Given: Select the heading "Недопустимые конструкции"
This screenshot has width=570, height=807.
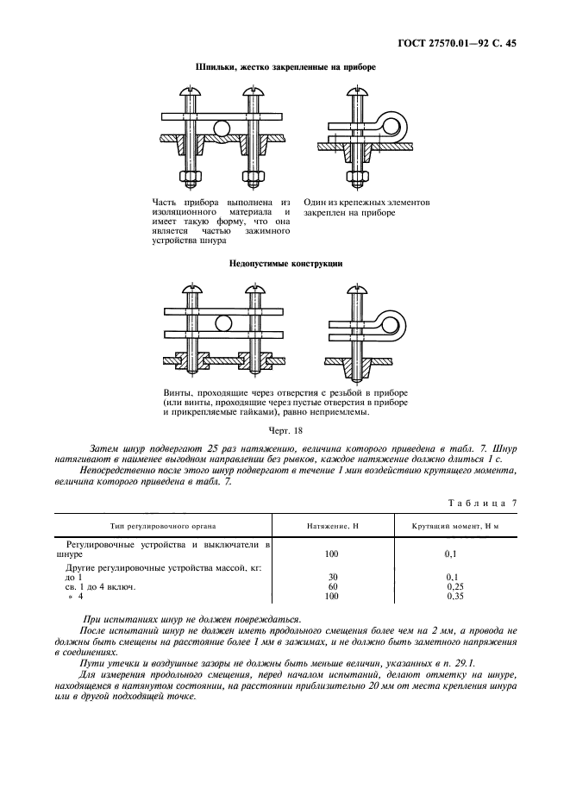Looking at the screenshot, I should [x=285, y=264].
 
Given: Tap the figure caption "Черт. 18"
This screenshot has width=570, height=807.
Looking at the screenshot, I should [x=285, y=429].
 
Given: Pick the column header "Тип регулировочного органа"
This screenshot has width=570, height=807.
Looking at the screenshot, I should [x=163, y=525].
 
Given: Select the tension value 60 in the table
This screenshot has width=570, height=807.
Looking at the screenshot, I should [x=332, y=586].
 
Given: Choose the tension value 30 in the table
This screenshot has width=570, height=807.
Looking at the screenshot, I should [x=332, y=576].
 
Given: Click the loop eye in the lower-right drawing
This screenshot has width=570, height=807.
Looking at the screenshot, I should [x=398, y=323].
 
